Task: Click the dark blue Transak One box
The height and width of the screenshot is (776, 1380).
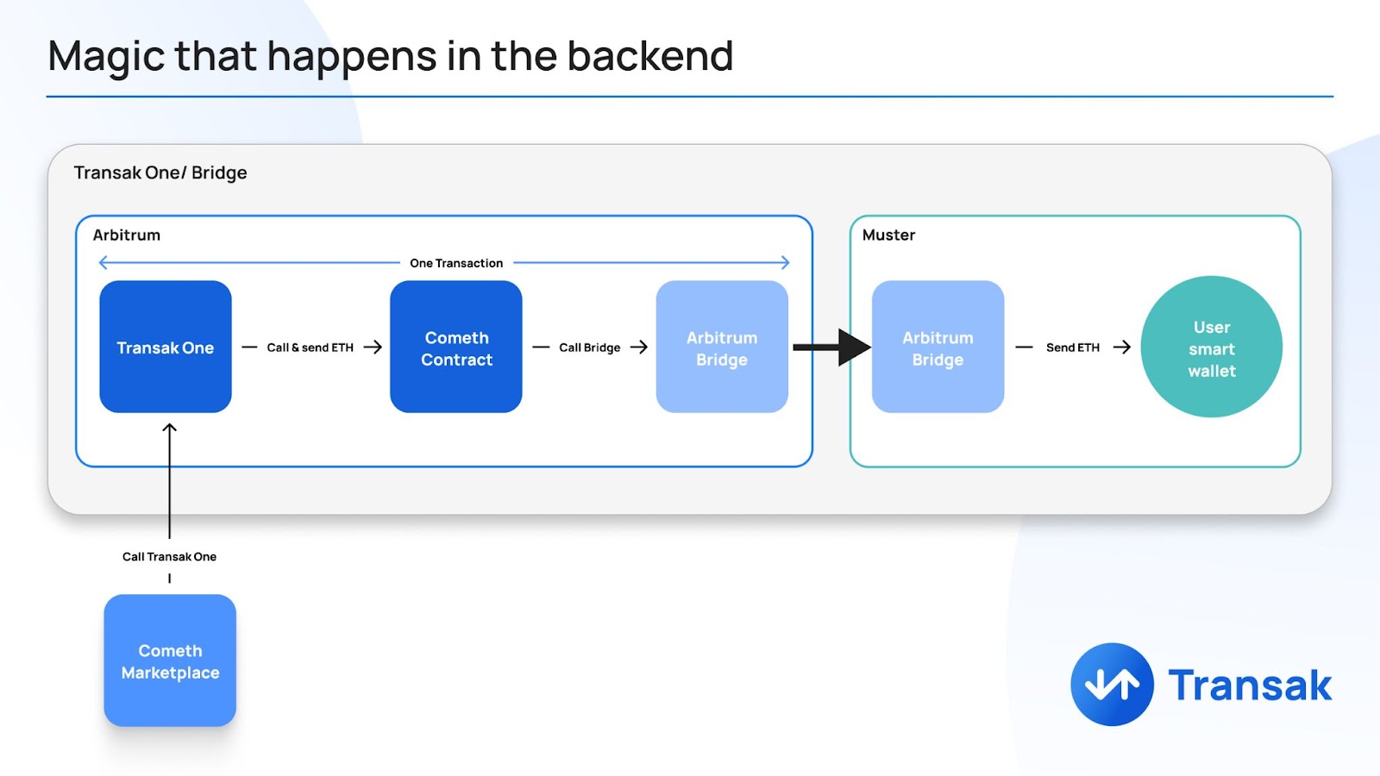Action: tap(165, 347)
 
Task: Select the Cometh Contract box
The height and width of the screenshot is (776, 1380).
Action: tap(456, 347)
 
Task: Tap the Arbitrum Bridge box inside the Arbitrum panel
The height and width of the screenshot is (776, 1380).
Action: tap(722, 347)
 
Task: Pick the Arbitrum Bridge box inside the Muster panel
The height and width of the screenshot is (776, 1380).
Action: tap(938, 347)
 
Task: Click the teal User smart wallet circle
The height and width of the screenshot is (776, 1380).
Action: tap(1211, 347)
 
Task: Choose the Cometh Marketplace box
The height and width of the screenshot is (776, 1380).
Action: tap(170, 660)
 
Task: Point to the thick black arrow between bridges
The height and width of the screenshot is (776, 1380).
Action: tap(831, 347)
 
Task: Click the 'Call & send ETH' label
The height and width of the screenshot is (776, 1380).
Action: tap(310, 347)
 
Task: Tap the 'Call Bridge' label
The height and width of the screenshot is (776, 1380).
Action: tap(590, 347)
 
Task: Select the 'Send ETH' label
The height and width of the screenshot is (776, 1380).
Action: tap(1073, 347)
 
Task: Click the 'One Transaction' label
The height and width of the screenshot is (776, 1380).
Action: tap(456, 263)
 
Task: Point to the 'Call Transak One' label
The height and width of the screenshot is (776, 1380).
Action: tap(169, 557)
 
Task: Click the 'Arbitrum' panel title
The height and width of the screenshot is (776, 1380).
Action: tap(126, 235)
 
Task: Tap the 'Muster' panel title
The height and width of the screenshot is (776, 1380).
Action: tap(888, 235)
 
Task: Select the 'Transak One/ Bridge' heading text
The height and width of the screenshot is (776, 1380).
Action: tap(160, 172)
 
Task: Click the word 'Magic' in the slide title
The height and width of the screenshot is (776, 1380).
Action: tap(106, 57)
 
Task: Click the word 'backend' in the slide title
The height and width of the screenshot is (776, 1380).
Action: tap(650, 55)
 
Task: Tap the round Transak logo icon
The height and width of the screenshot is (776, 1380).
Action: tap(1112, 685)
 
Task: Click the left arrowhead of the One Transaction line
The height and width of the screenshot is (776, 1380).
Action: tap(103, 263)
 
